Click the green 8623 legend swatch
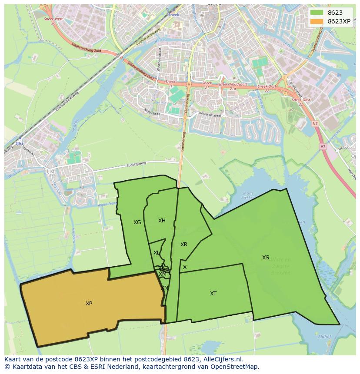(x=317, y=13)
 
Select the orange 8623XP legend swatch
(x=317, y=21)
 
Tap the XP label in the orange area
(x=89, y=304)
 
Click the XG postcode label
(x=137, y=222)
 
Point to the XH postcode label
(x=162, y=221)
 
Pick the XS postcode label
(x=265, y=258)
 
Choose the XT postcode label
(x=213, y=294)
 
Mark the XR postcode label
(x=184, y=245)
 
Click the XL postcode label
(x=156, y=253)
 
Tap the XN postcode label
(x=164, y=288)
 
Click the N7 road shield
(x=315, y=124)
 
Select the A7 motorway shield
(x=323, y=146)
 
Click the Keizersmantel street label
(x=210, y=116)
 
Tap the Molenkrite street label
(x=153, y=112)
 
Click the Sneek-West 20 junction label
(x=53, y=21)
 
